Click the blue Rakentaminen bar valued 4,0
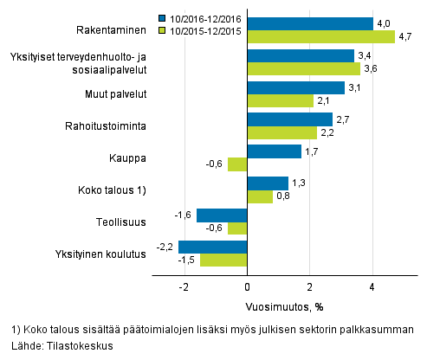310,23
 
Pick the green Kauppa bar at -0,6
237,164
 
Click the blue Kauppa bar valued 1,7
274,151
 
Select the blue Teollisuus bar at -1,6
222,215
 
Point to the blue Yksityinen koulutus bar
212,247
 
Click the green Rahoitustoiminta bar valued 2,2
281,132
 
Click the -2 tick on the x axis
184,286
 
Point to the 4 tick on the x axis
372,286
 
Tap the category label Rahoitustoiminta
109,126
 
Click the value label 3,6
369,69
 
